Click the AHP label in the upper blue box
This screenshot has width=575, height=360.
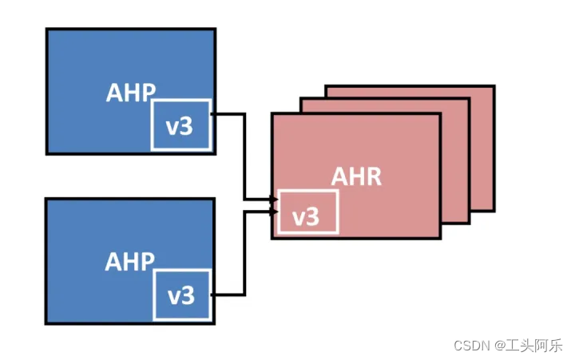131,92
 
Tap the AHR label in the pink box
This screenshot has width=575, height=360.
356,176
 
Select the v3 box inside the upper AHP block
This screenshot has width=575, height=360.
181,125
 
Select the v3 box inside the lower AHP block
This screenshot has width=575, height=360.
181,295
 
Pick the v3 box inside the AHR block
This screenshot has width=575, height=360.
307,212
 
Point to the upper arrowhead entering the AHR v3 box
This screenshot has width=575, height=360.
274,199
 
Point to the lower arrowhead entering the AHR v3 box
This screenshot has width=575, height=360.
274,212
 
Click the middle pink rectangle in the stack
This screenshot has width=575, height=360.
455,160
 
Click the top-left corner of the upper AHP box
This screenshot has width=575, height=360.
47,30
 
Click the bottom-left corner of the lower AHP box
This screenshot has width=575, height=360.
47,322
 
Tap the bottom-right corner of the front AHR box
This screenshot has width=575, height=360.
440,237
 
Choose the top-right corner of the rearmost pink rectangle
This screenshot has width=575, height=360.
493,86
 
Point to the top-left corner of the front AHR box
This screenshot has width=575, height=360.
272,114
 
